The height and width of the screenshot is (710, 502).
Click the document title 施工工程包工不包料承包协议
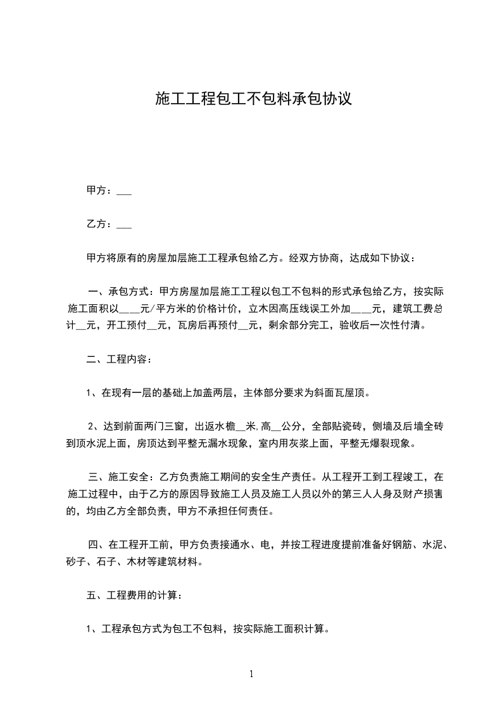[253, 99]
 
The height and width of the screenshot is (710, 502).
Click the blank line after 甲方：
[125, 190]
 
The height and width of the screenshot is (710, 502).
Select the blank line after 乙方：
[125, 224]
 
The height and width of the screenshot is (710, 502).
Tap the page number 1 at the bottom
[251, 675]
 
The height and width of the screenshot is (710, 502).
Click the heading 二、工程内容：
[119, 359]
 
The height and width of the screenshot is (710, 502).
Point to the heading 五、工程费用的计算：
[135, 595]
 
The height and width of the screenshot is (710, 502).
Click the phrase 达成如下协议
[384, 258]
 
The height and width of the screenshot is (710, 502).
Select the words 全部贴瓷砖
[338, 427]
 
